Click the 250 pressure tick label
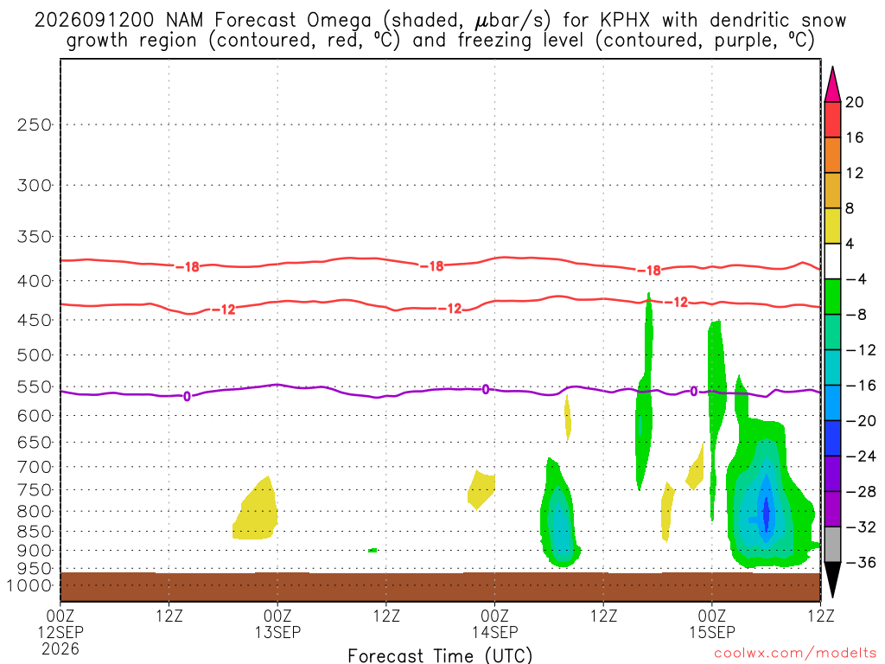(x=35, y=124)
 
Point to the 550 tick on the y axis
(x=35, y=387)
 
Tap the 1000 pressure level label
(x=29, y=586)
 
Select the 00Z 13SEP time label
(x=277, y=623)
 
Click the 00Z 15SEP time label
(x=712, y=623)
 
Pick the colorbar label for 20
(x=854, y=102)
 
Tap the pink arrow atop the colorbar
(x=832, y=85)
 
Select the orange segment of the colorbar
(x=832, y=156)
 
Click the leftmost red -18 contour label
(x=188, y=266)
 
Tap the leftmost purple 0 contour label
(x=187, y=397)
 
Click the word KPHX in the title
(x=624, y=21)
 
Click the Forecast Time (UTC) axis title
(x=440, y=655)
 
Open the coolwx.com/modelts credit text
(x=795, y=654)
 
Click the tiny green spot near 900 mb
(x=372, y=550)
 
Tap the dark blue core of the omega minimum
(x=766, y=511)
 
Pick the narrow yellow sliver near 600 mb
(x=568, y=418)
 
